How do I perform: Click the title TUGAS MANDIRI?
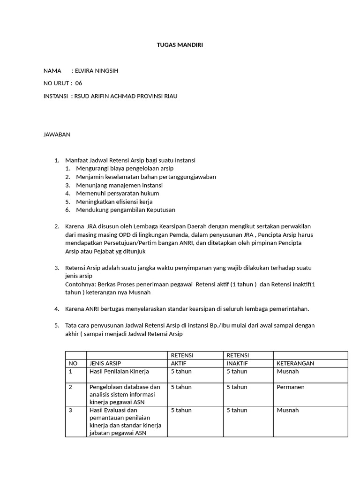[180, 45]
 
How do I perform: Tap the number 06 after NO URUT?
[78, 83]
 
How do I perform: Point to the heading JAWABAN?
[57, 135]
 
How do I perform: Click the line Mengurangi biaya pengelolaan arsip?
[125, 168]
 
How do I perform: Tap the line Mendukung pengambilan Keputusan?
[125, 210]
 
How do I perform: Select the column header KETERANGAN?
[295, 363]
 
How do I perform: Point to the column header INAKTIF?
[238, 363]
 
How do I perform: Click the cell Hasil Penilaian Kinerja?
[119, 372]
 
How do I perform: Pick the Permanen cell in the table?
[291, 387]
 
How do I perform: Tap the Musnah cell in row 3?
[288, 410]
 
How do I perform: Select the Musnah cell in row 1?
[288, 372]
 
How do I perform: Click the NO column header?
[73, 363]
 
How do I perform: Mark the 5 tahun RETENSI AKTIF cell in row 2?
[181, 387]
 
